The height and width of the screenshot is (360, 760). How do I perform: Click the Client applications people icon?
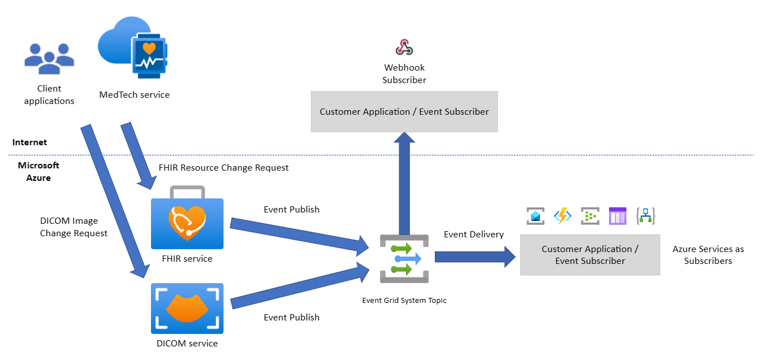[x=49, y=58]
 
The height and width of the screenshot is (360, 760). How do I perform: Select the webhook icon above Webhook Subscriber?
[x=404, y=47]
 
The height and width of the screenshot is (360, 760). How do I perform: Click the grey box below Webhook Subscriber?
[x=404, y=112]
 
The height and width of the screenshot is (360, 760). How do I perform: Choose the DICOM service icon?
[x=187, y=309]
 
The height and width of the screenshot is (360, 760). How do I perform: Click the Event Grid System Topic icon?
[x=404, y=258]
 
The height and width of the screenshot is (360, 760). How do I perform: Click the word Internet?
[x=29, y=142]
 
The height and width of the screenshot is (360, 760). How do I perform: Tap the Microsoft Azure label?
[x=38, y=171]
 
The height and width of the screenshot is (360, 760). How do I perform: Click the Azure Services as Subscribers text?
[x=708, y=255]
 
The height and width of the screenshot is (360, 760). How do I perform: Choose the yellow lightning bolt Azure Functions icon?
[x=562, y=216]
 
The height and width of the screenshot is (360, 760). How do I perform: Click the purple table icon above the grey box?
[x=617, y=216]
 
